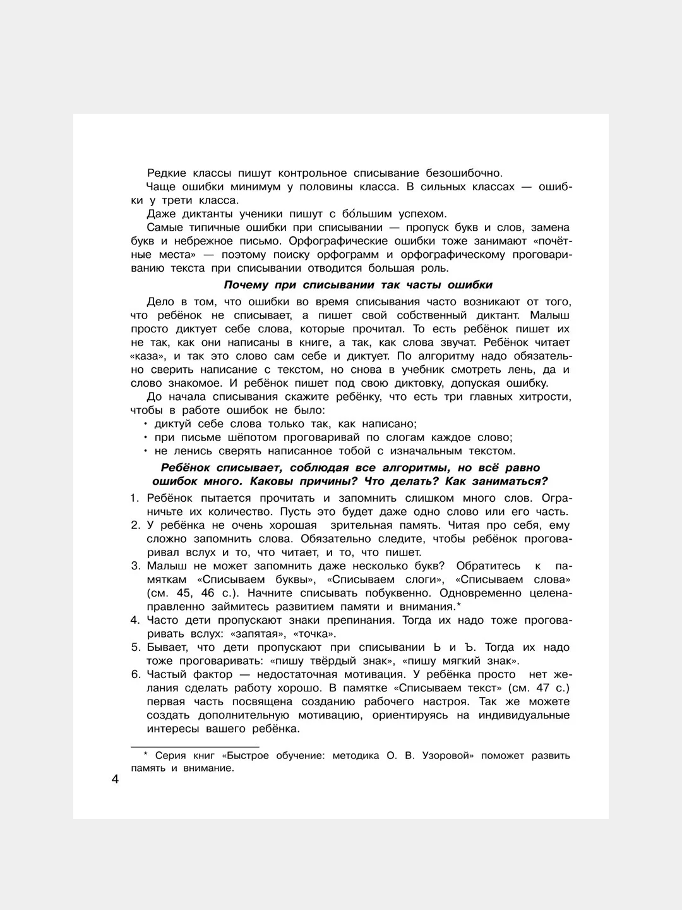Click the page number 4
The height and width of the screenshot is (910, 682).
pyautogui.click(x=115, y=779)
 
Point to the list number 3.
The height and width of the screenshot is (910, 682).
pyautogui.click(x=135, y=566)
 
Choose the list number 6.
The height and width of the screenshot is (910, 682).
pyautogui.click(x=135, y=674)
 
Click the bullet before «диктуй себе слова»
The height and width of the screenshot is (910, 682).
pyautogui.click(x=145, y=424)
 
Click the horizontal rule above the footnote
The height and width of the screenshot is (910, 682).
pyautogui.click(x=194, y=746)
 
